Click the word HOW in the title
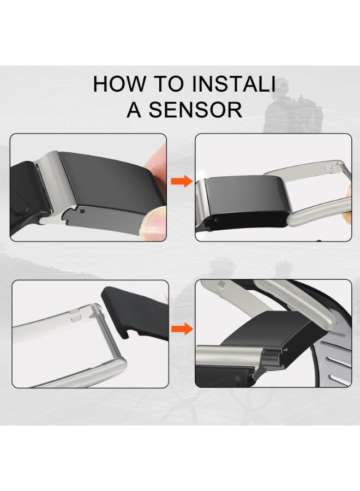click(119, 83)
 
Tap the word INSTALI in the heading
click(233, 83)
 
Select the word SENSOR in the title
click(195, 110)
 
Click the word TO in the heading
click(169, 83)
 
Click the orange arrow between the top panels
click(181, 181)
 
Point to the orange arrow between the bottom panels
click(182, 329)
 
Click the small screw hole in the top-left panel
click(82, 211)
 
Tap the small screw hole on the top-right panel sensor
click(216, 219)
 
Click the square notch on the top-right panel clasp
click(328, 167)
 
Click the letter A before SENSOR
click(134, 110)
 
